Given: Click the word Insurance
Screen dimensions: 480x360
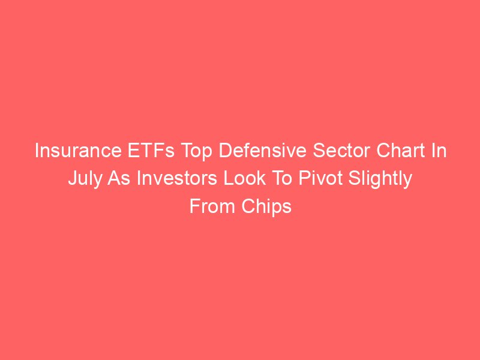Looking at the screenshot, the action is [x=78, y=151].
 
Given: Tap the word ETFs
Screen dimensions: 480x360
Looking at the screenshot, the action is [x=151, y=151].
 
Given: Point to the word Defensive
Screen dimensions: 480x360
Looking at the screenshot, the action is [x=262, y=151].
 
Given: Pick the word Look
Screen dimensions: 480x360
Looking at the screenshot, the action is [x=245, y=178].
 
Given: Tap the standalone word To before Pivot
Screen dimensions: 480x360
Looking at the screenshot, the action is [x=281, y=178].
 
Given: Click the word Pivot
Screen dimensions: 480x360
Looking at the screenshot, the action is [x=320, y=178].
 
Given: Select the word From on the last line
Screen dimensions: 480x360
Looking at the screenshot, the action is [x=212, y=206].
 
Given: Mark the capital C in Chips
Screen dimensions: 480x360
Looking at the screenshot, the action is [x=248, y=206].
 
